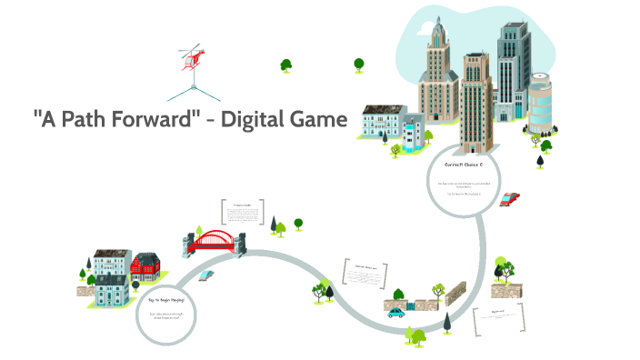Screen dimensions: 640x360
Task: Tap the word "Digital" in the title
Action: pos(254,119)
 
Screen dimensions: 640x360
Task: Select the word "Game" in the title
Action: pos(319,119)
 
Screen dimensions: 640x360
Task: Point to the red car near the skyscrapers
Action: pos(511,198)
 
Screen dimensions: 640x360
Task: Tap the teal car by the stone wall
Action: pos(396,313)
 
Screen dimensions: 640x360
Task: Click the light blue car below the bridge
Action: pos(208,274)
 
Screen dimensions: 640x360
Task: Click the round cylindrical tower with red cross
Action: pos(540,106)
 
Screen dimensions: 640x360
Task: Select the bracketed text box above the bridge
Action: pos(242,217)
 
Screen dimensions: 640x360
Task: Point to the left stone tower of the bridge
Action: pos(188,243)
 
